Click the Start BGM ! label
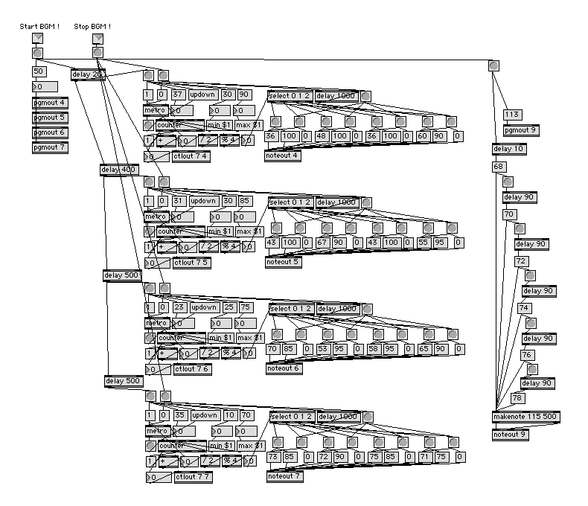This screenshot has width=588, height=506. coord(39,27)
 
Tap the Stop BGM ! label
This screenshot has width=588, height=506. coord(92,27)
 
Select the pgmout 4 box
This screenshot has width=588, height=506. coord(50,103)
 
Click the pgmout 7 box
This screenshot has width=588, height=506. coord(50,147)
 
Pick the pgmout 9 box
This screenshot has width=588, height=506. coord(520,130)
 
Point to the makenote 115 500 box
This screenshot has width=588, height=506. coord(525,416)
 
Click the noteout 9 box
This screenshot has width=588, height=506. coord(510,435)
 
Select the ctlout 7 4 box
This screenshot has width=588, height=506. coord(191,156)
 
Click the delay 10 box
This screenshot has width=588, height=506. coord(509,149)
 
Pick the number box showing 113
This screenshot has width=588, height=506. coord(512,115)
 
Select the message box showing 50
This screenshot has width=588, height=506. coord(39,71)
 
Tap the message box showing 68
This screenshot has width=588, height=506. coord(499,167)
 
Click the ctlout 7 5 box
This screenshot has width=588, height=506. coord(191,263)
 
